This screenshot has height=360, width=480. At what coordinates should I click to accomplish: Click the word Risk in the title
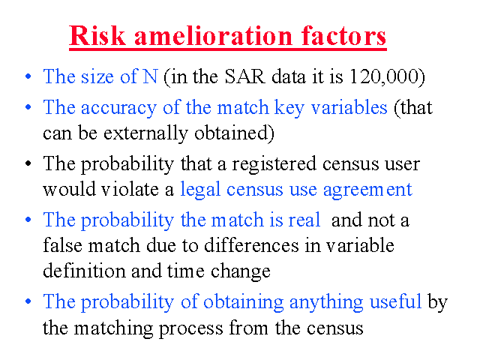(x=97, y=35)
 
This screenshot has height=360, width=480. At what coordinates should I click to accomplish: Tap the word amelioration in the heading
(x=213, y=35)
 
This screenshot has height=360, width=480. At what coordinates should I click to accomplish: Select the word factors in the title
(x=343, y=35)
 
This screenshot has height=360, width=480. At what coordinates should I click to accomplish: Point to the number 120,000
(x=387, y=76)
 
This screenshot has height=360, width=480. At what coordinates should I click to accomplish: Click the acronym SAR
(x=244, y=76)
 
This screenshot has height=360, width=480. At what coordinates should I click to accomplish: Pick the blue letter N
(x=150, y=76)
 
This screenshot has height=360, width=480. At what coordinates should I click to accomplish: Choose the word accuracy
(x=118, y=108)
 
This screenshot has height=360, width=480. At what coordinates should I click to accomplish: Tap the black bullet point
(x=28, y=163)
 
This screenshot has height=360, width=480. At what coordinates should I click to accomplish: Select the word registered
(x=274, y=164)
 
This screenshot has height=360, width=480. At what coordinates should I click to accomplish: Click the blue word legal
(x=200, y=190)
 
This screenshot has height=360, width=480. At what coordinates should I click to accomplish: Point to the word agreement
(x=367, y=190)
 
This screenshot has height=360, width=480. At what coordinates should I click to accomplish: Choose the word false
(x=62, y=245)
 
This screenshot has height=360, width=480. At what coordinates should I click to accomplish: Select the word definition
(x=84, y=271)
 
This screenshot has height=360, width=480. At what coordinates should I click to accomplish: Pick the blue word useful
(x=395, y=301)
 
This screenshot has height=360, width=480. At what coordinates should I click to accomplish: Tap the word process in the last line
(x=191, y=328)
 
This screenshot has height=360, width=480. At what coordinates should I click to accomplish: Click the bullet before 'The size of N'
(x=28, y=76)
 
